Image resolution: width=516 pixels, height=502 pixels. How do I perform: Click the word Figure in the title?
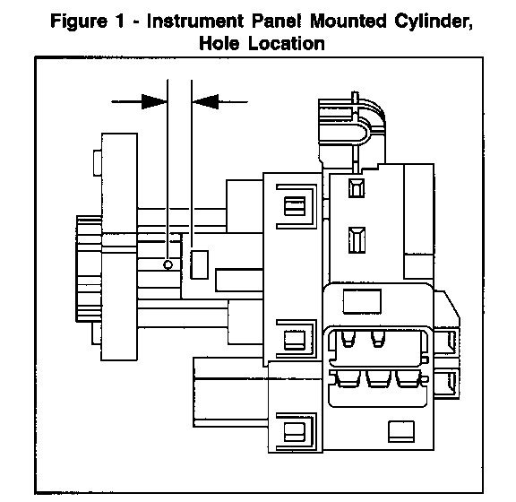coord(79,22)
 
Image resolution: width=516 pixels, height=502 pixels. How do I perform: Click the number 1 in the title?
coord(119,21)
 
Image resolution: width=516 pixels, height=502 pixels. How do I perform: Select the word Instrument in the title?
coord(195,21)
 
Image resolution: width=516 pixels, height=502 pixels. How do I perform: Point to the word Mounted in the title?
coord(348,21)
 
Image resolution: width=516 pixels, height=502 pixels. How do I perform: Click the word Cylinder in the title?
coord(434,22)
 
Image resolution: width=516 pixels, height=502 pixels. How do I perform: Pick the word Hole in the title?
coord(219,43)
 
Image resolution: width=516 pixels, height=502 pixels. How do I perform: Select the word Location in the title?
coord(287,43)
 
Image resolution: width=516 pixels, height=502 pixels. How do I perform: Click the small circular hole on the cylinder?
coord(168,264)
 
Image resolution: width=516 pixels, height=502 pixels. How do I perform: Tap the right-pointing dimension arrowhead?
coord(154,101)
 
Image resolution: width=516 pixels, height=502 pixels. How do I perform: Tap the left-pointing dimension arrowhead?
coord(205,101)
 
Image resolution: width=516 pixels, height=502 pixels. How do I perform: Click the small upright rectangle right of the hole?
coord(200,264)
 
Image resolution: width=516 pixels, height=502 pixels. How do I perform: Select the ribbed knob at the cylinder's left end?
coord(90,268)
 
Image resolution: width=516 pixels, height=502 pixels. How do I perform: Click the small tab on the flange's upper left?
coord(98,163)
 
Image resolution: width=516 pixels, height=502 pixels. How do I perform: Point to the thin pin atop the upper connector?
coord(355,98)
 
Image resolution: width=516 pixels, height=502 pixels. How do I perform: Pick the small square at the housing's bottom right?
coord(401,431)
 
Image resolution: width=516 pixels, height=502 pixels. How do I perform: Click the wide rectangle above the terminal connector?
coord(362,301)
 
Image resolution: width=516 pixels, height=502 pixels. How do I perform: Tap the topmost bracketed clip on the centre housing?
coord(297,206)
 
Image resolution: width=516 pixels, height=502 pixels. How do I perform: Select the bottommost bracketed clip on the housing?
coord(297,431)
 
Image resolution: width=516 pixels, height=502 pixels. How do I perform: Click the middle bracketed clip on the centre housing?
coord(297,339)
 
